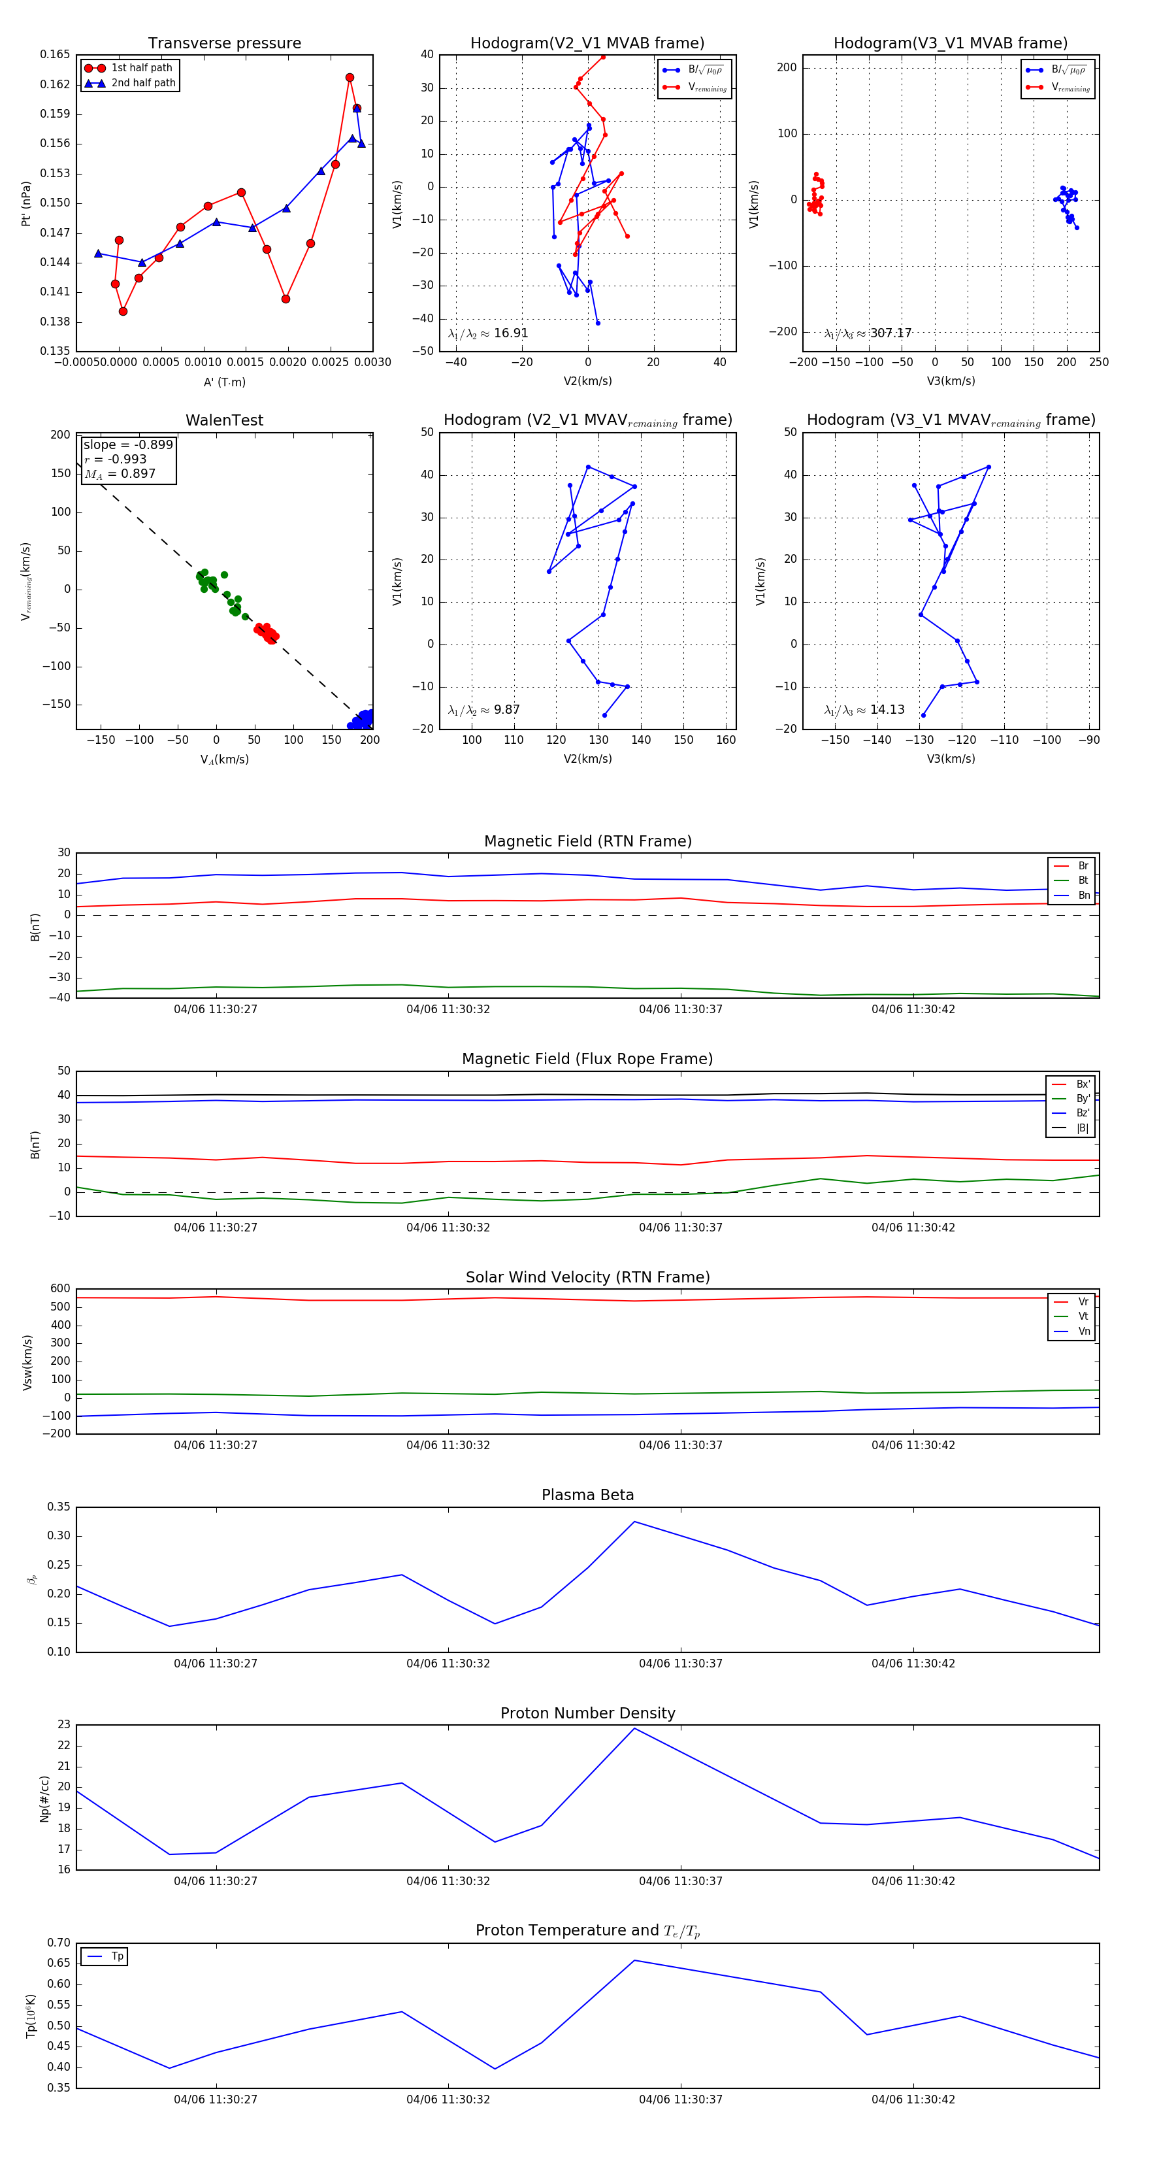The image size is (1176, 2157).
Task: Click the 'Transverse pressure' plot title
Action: [224, 44]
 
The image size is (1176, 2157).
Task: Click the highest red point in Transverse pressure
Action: [350, 78]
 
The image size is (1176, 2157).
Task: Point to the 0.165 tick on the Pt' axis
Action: [56, 54]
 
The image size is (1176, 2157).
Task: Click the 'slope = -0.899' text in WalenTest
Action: [128, 444]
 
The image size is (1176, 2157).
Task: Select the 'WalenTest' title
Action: [224, 420]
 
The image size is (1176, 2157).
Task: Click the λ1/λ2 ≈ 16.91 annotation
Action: [488, 333]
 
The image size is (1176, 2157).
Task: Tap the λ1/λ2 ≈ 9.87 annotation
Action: [483, 710]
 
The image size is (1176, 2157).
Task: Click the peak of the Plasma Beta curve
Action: [634, 1522]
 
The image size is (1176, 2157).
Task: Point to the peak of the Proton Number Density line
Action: [634, 1728]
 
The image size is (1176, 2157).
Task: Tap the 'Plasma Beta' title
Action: [587, 1496]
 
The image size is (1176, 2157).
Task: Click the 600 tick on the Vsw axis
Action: [60, 1289]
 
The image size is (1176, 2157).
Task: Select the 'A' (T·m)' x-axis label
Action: [224, 382]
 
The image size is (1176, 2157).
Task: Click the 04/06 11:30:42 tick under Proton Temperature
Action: [913, 2099]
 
